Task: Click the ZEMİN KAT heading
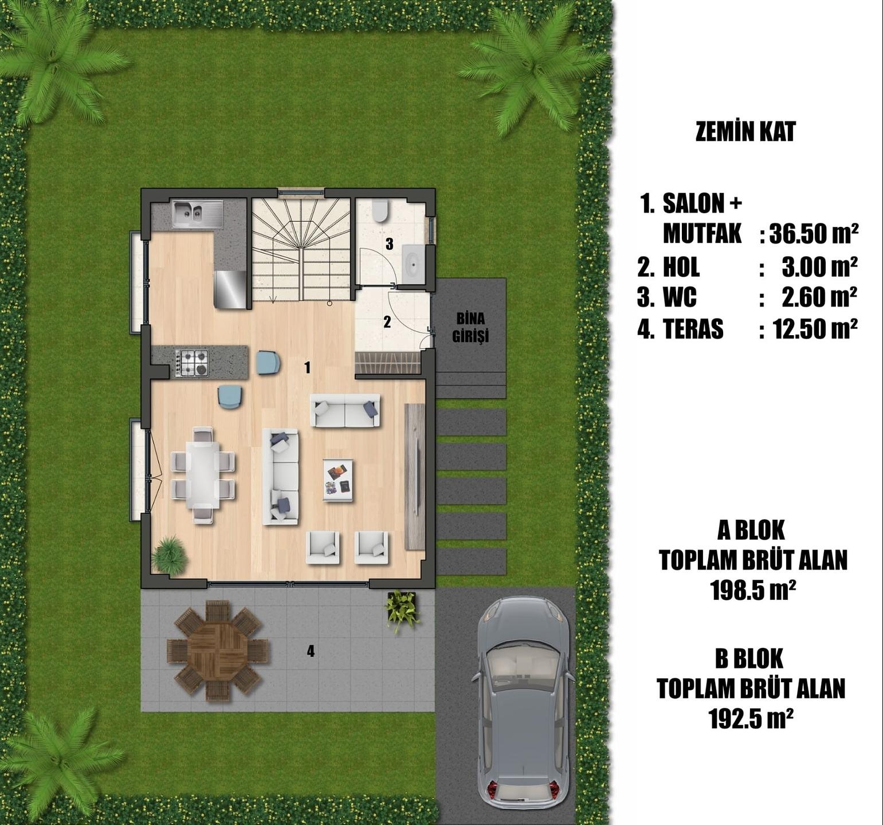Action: point(745,132)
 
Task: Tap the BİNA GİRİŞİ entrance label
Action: point(470,327)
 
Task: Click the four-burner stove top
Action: point(192,363)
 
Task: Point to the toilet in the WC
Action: point(380,211)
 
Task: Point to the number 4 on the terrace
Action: point(311,651)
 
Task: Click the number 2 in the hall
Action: point(387,321)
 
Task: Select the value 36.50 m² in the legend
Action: point(814,233)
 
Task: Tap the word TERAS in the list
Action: point(693,329)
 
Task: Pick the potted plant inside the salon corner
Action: point(170,555)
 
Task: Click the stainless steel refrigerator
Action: point(231,290)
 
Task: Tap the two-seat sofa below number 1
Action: point(345,410)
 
